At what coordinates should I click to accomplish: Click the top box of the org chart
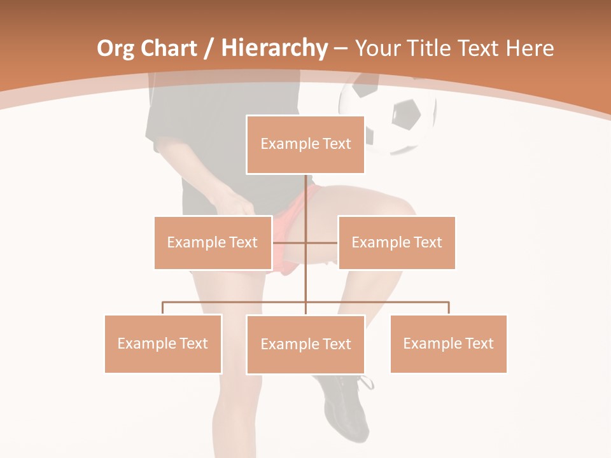click(305, 144)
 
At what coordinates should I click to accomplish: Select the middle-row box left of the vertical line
click(213, 242)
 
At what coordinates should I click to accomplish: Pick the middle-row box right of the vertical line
click(397, 242)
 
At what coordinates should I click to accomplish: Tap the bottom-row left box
click(163, 343)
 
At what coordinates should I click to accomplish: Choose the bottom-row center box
click(305, 344)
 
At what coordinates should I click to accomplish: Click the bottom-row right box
click(448, 343)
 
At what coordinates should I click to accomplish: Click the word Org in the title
click(116, 48)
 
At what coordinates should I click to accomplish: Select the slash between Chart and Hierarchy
click(208, 48)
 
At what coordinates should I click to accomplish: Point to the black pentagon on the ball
click(406, 114)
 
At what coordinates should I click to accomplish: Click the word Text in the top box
click(336, 144)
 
